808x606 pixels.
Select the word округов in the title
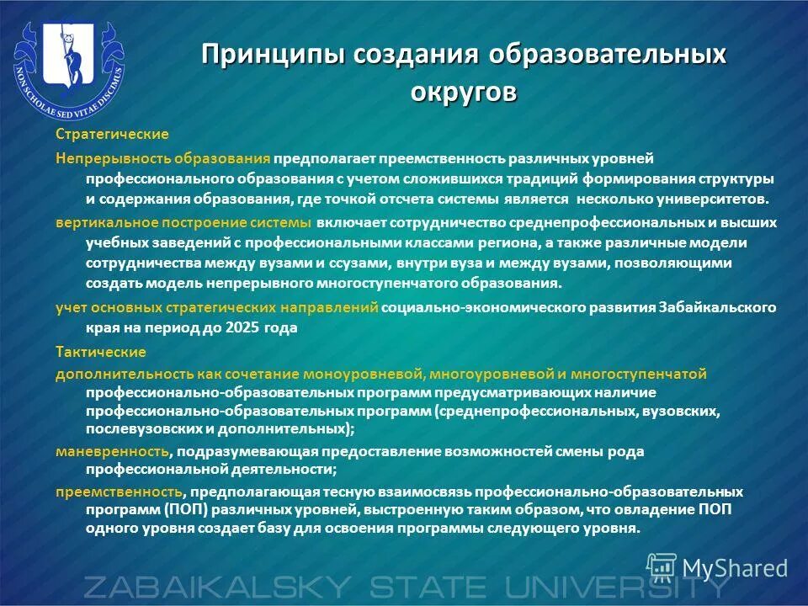click(464, 91)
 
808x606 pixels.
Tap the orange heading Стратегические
click(112, 135)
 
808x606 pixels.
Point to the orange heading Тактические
click(101, 352)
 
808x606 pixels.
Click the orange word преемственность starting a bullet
click(119, 492)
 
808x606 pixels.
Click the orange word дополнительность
click(125, 374)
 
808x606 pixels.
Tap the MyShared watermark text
click(735, 568)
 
